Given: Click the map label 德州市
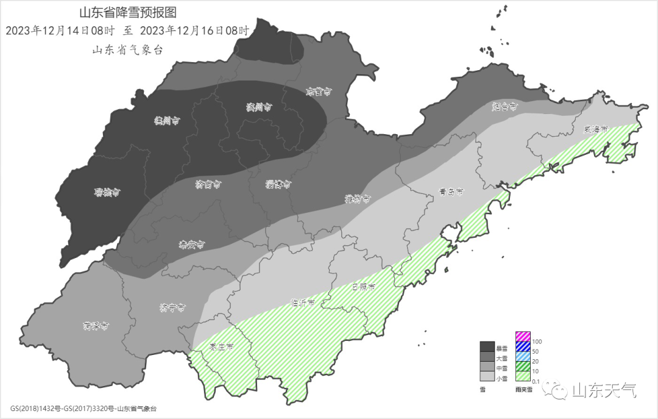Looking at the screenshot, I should pos(166,121).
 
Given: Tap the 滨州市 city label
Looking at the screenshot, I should pos(258,107).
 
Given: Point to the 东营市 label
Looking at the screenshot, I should pos(319,92).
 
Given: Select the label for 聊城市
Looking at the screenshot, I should pos(107,193).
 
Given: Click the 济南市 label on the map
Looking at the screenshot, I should pos(208,184).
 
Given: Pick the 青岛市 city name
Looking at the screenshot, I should pos(451,192).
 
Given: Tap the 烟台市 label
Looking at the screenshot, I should pos(504,107).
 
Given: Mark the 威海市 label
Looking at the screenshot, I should pos(596,129).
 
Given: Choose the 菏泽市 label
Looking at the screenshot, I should pos(96,326).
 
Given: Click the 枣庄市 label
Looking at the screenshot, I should pos(222,347).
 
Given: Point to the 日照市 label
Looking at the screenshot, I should pos(364,287).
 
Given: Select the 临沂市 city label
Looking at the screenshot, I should pos(303,303).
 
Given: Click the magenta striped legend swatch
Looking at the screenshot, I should pos(523,336).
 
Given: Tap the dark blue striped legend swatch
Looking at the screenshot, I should pos(523,346).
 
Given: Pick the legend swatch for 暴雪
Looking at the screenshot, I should pos(487,346).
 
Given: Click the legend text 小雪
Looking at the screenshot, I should pos(501,379).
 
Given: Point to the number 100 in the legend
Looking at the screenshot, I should pos(537,341).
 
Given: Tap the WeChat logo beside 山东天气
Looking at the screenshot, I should pos(557,390).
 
